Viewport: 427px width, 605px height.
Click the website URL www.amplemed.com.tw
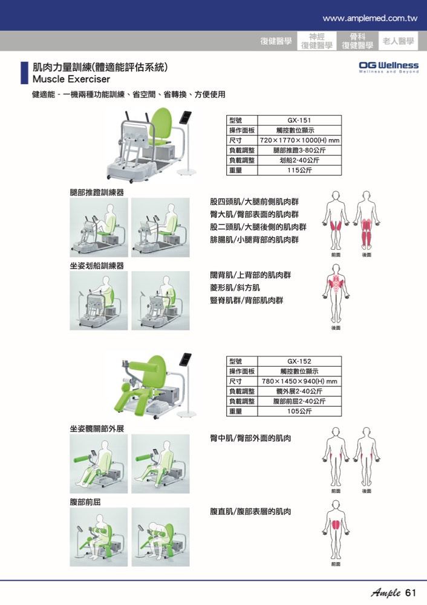point(370,18)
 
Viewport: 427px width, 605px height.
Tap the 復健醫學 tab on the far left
point(276,41)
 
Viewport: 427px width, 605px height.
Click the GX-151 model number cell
point(299,120)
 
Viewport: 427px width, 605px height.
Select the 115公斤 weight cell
point(299,171)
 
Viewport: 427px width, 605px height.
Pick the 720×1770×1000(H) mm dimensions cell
point(299,140)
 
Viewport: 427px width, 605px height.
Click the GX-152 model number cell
point(299,361)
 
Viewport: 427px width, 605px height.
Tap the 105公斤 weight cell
point(299,411)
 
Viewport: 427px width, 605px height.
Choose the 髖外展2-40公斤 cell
point(299,391)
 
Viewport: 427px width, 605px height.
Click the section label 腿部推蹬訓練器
point(97,192)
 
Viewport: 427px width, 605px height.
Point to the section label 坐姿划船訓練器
point(97,266)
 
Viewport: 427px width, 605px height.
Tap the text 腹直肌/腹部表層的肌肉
point(250,512)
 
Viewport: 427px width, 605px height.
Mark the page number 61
point(411,592)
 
